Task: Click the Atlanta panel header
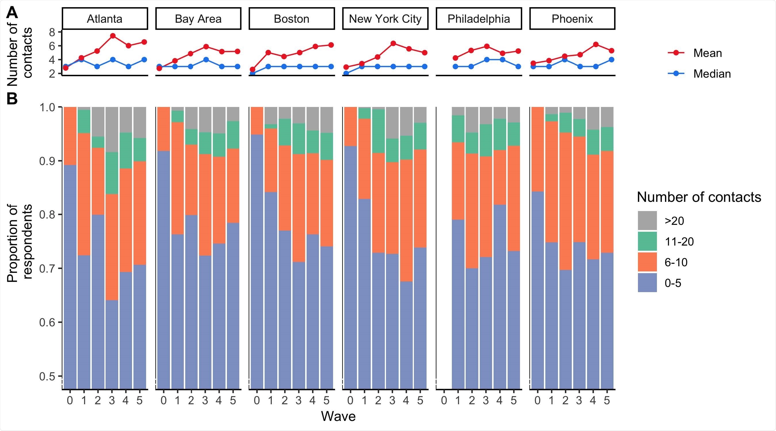pyautogui.click(x=104, y=19)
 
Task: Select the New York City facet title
pyautogui.click(x=385, y=19)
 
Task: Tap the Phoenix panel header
pyautogui.click(x=572, y=19)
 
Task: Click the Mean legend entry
pyautogui.click(x=707, y=53)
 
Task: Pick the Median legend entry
pyautogui.click(x=712, y=74)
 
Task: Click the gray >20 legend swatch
pyautogui.click(x=647, y=221)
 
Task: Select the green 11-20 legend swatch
pyautogui.click(x=647, y=241)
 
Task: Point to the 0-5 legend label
pyautogui.click(x=673, y=283)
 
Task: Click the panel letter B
pyautogui.click(x=12, y=99)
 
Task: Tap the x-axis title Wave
pyautogui.click(x=338, y=417)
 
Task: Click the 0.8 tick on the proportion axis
pyautogui.click(x=47, y=215)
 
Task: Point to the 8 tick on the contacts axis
pyautogui.click(x=52, y=32)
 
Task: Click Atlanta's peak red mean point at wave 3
pyautogui.click(x=113, y=36)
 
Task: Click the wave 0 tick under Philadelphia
pyautogui.click(x=444, y=400)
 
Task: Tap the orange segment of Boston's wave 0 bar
pyautogui.click(x=257, y=120)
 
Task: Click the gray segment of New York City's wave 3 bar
pyautogui.click(x=392, y=122)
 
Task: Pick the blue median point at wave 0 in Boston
pyautogui.click(x=253, y=74)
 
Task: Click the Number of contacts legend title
pyautogui.click(x=699, y=197)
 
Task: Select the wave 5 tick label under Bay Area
pyautogui.click(x=233, y=400)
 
